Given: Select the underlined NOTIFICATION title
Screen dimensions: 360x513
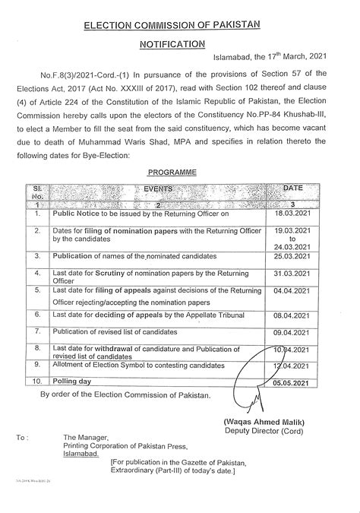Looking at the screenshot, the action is coord(178,46).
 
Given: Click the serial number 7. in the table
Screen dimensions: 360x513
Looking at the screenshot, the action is coord(36,332).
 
